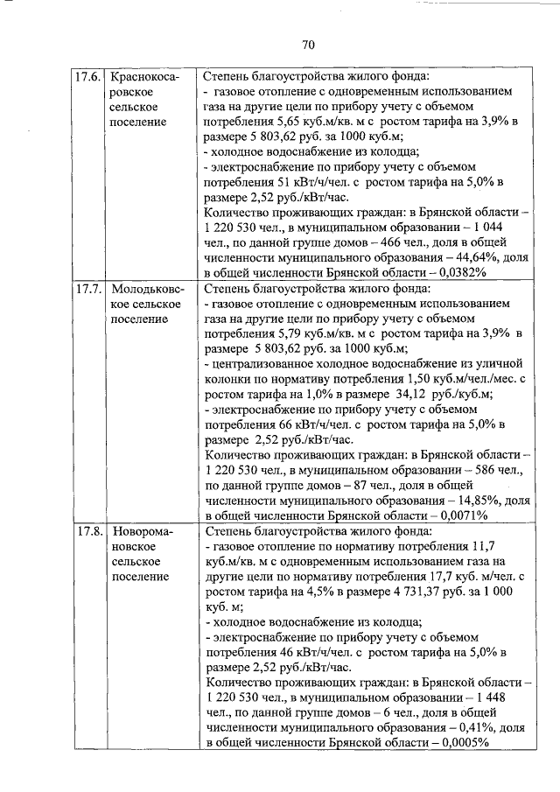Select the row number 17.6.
pos(91,76)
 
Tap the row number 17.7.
pos(91,288)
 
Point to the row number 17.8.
pos(91,531)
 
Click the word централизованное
pos(262,363)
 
